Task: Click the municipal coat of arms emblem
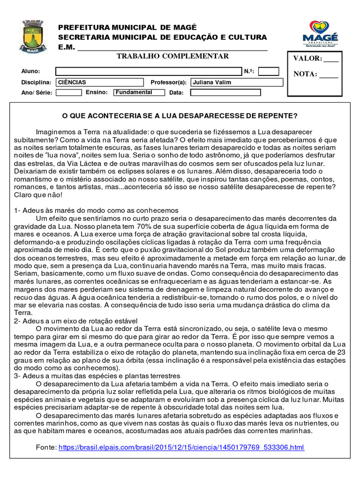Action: pyautogui.click(x=33, y=36)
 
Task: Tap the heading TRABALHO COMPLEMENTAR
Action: pyautogui.click(x=172, y=56)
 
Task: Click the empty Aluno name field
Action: pyautogui.click(x=149, y=71)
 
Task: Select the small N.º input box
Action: pyautogui.click(x=269, y=71)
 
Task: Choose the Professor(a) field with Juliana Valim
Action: pyautogui.click(x=237, y=82)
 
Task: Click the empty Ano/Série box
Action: pyautogui.click(x=68, y=93)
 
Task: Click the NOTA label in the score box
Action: pyautogui.click(x=305, y=74)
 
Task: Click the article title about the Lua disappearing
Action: pyautogui.click(x=180, y=115)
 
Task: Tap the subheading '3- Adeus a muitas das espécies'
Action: pyautogui.click(x=97, y=376)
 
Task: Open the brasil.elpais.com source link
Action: pyautogui.click(x=181, y=448)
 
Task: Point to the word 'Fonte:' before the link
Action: pyautogui.click(x=46, y=448)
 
